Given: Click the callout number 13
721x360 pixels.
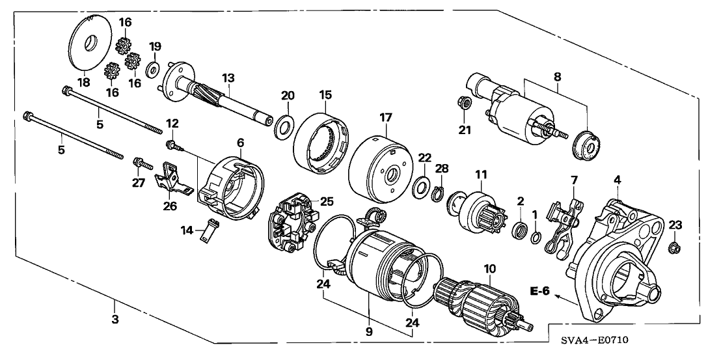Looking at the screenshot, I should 228,78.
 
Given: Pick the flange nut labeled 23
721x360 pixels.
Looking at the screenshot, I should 675,247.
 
